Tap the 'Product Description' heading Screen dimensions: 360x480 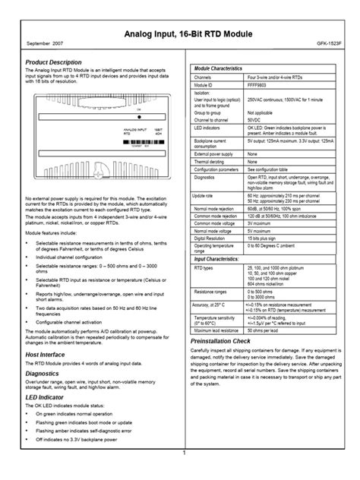pyautogui.click(x=53, y=62)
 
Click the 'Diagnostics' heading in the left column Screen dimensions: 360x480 pyautogui.click(x=43, y=374)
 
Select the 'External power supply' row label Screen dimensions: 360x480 pyautogui.click(x=217, y=154)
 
